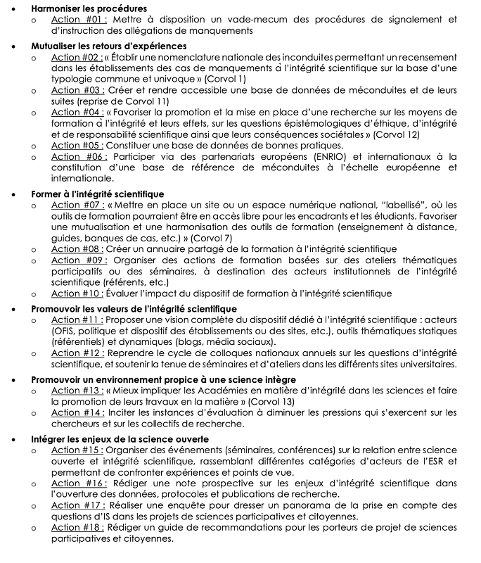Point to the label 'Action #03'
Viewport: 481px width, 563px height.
point(77,91)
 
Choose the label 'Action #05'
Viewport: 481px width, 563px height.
point(77,146)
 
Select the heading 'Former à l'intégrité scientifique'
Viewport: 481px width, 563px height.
point(98,194)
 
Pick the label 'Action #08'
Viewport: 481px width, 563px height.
point(77,249)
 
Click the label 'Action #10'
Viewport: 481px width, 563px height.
point(77,293)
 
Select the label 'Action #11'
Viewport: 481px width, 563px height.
point(77,320)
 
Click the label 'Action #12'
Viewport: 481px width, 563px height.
point(77,353)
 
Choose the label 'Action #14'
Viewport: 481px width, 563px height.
point(77,412)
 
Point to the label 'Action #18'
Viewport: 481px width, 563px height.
point(77,528)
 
